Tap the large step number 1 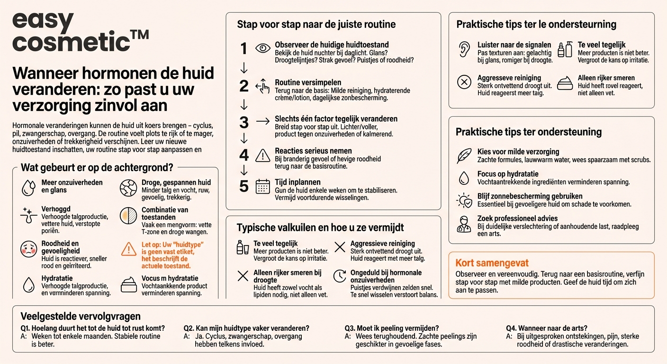click(x=244, y=49)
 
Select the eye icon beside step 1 click(x=262, y=48)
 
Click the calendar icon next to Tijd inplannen click(x=262, y=186)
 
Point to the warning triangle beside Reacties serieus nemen click(x=262, y=155)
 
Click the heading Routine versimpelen click(x=308, y=82)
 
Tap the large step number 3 click(x=244, y=122)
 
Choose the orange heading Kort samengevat click(x=492, y=263)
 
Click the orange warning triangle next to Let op click(x=128, y=249)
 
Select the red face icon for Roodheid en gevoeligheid click(x=29, y=249)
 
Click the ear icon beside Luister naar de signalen click(x=464, y=49)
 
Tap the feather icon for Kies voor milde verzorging click(x=464, y=155)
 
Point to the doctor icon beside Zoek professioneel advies click(x=464, y=224)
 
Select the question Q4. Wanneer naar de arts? click(x=547, y=328)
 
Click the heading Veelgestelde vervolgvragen click(x=81, y=316)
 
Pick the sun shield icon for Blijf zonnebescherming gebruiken click(x=464, y=200)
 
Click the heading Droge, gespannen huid click(x=176, y=182)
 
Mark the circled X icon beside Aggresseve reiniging click(x=464, y=82)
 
